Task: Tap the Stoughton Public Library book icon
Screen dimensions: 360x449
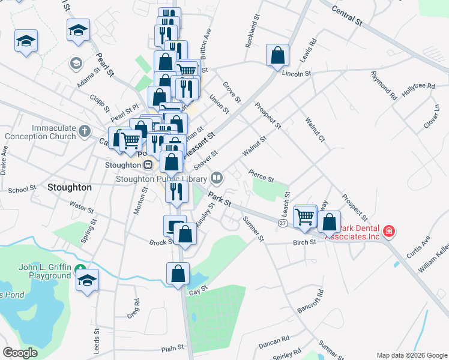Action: pyautogui.click(x=217, y=178)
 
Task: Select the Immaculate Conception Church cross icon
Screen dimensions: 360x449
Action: pyautogui.click(x=85, y=130)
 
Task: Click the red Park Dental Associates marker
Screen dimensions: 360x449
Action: pyautogui.click(x=389, y=230)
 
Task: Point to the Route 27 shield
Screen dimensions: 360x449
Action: pyautogui.click(x=282, y=223)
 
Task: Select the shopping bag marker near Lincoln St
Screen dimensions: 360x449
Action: pyautogui.click(x=278, y=55)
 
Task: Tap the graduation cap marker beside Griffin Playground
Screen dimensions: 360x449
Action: pyautogui.click(x=88, y=280)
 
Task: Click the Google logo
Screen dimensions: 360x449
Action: pyautogui.click(x=20, y=353)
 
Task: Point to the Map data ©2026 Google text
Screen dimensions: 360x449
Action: pyautogui.click(x=411, y=355)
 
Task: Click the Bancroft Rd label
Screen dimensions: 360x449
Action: pyautogui.click(x=311, y=302)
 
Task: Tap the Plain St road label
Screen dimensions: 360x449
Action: pyautogui.click(x=172, y=348)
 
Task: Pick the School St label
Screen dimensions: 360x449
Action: pyautogui.click(x=22, y=190)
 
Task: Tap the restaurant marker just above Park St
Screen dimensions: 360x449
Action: pyautogui.click(x=176, y=191)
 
